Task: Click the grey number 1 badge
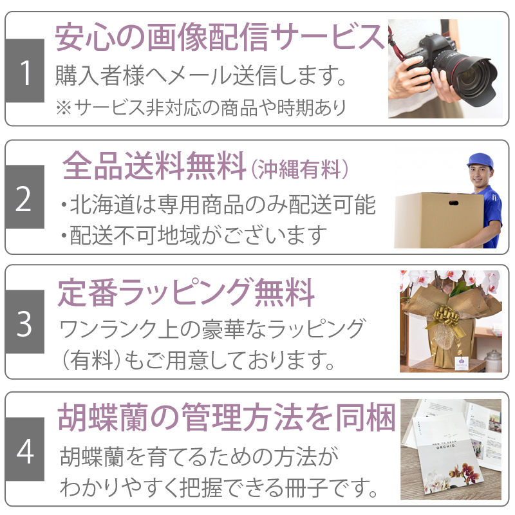click(24, 71)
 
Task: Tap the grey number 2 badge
click(24, 197)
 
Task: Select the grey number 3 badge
click(24, 321)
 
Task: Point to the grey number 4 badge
click(24, 449)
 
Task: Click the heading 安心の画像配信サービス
click(220, 37)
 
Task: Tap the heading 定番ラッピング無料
click(186, 292)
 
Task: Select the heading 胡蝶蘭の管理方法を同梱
click(227, 417)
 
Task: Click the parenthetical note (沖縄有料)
click(299, 169)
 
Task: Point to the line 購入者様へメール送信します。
click(200, 75)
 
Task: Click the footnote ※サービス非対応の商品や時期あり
click(201, 108)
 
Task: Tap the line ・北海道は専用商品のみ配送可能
click(218, 204)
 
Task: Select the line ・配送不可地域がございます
click(194, 235)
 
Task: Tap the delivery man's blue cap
click(480, 161)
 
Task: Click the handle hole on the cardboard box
click(454, 203)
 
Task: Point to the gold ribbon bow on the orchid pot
click(447, 317)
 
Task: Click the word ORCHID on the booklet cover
click(445, 447)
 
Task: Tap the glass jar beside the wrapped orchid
click(493, 360)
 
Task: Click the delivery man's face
click(481, 176)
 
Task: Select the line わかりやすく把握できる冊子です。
click(218, 488)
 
